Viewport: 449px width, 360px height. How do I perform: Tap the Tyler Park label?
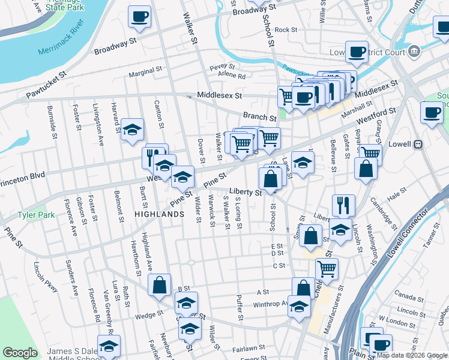(36, 215)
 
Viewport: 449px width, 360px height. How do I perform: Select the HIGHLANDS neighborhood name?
(158, 214)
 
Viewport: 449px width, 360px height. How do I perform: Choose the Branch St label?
(259, 116)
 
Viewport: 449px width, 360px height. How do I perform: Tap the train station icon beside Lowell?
(419, 144)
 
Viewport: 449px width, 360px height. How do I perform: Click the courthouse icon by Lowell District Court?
(414, 51)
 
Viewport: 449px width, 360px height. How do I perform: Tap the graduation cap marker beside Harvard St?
(132, 129)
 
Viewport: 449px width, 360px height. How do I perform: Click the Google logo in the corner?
(20, 353)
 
